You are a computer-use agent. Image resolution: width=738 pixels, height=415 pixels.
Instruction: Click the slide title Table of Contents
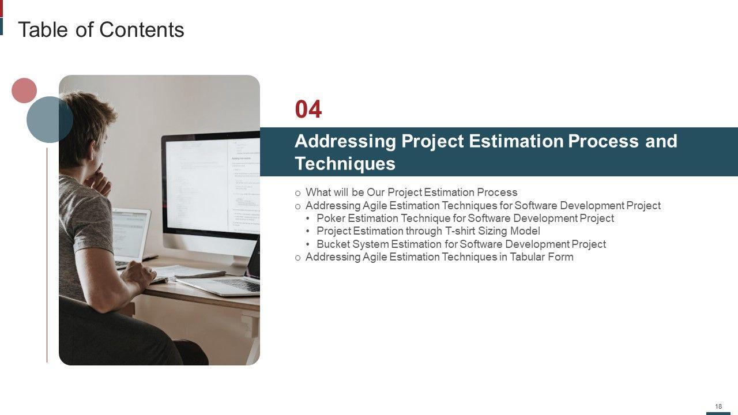[101, 29]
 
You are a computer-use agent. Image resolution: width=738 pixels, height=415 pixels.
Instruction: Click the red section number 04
[308, 110]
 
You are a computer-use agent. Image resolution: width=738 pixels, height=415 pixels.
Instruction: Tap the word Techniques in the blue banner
[345, 163]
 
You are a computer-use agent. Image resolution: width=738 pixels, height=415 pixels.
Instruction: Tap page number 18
[718, 406]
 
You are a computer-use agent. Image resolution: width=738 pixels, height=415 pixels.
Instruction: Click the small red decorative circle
[24, 90]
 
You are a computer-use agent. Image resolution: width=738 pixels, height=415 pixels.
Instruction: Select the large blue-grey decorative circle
[50, 119]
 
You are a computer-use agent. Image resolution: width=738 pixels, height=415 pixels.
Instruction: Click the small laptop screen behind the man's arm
[130, 234]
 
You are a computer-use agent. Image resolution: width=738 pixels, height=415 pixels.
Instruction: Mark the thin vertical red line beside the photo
[47, 255]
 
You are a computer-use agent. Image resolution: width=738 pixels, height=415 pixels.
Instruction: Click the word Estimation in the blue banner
[516, 141]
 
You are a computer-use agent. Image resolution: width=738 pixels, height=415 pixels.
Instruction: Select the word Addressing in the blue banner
[345, 142]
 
